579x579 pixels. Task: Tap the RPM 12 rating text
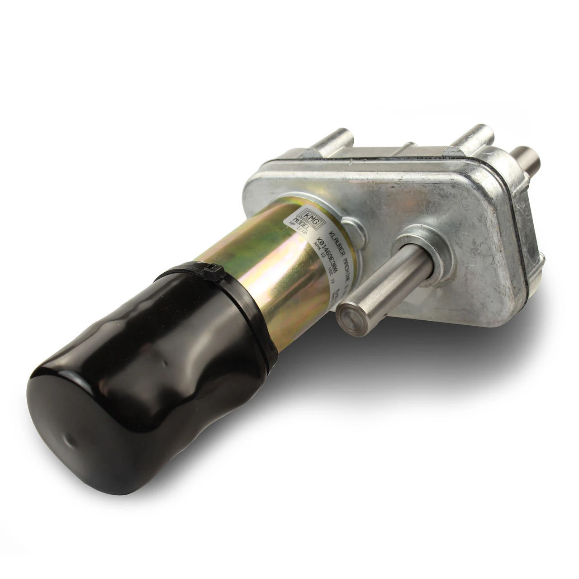point(318,256)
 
